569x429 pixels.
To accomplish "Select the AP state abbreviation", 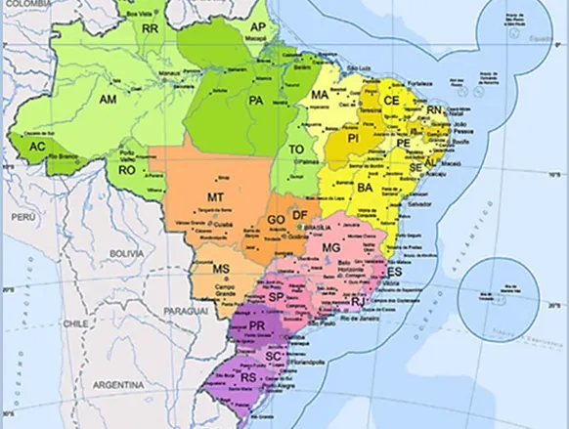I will [x=258, y=26].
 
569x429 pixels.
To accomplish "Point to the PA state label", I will [x=258, y=100].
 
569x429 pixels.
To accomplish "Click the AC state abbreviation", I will [x=37, y=147].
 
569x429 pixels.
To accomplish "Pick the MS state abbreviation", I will [x=221, y=269].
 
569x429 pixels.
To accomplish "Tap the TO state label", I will [x=296, y=150].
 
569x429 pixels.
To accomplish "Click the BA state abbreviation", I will [x=366, y=187].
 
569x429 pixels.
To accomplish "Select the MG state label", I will [x=331, y=248].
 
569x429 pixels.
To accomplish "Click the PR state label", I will [x=258, y=324].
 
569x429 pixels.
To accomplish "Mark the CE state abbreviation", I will [x=391, y=101].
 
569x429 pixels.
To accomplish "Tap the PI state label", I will [x=354, y=140].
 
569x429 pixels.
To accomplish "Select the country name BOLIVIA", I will [x=126, y=253].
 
